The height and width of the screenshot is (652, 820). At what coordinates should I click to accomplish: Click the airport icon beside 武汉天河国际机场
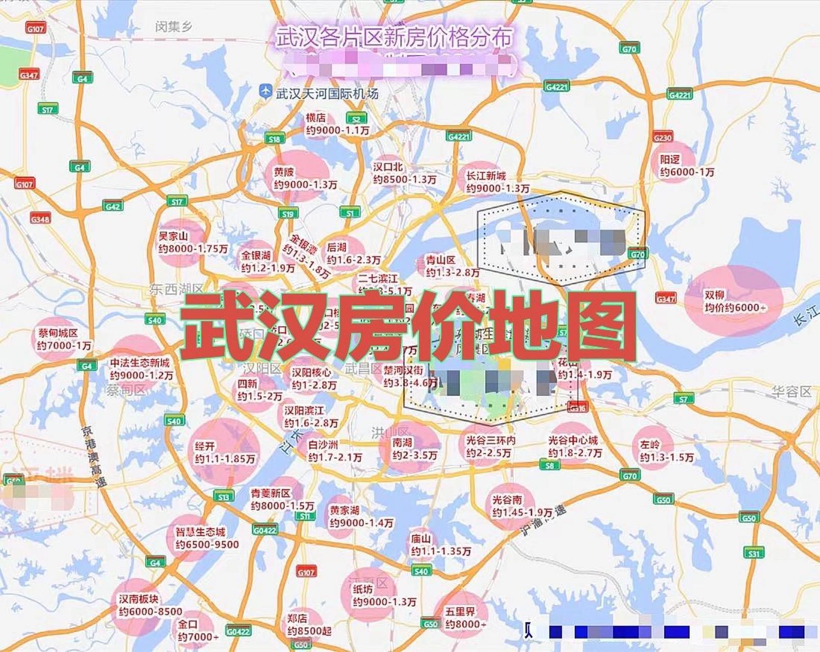265,92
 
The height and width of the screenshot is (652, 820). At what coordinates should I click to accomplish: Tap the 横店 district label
315,118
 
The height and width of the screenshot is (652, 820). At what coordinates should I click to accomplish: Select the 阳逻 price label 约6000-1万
687,173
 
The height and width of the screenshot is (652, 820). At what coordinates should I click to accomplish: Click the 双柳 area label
715,295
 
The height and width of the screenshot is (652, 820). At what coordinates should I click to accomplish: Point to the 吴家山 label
173,236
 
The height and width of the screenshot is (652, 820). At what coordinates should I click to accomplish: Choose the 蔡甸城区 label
58,333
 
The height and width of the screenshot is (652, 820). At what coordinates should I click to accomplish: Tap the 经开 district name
204,446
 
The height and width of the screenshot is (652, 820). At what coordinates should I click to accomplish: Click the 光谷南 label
507,500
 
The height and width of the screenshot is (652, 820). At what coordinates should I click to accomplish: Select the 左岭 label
650,445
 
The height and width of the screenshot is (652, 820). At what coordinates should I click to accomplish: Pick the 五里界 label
460,611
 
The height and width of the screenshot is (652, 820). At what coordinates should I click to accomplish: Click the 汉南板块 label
139,599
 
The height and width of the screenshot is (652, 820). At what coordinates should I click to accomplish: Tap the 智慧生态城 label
200,532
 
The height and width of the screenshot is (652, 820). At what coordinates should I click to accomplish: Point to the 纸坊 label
362,589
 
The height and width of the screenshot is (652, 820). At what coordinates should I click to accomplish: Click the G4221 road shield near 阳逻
679,95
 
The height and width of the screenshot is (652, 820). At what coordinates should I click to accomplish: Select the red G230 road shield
663,138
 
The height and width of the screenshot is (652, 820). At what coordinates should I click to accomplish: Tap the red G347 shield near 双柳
666,298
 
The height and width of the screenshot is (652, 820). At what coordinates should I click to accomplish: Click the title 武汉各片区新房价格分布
394,38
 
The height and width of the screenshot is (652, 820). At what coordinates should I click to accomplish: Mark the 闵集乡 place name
174,26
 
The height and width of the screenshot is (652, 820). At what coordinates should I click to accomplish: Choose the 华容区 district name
791,392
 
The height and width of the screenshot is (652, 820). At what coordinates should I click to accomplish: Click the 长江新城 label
486,176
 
